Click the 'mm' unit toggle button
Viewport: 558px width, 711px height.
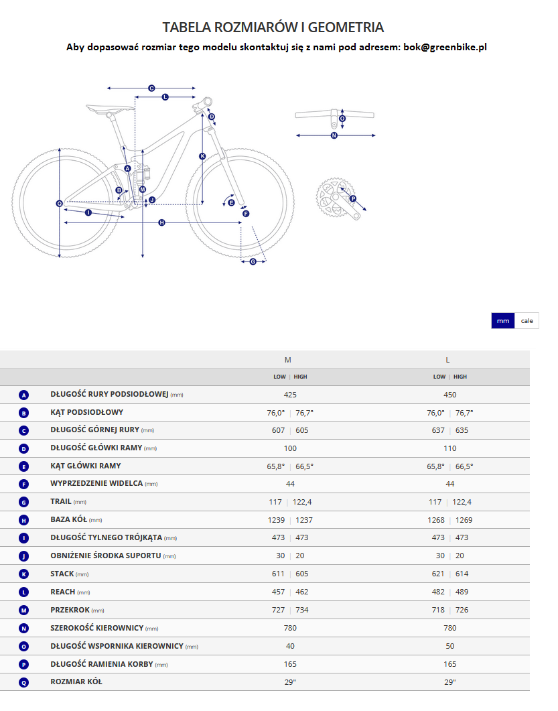(503, 321)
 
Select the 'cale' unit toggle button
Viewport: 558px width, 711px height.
(527, 321)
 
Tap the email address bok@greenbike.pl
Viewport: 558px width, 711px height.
(444, 47)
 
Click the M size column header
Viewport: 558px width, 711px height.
(288, 359)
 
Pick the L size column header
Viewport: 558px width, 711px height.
(447, 359)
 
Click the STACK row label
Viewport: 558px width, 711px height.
(62, 574)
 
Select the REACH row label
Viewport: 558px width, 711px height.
(62, 592)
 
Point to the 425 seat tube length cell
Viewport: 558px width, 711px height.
(290, 395)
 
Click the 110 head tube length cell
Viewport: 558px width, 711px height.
(449, 448)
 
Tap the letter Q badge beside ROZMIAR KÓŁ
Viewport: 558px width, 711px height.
(23, 682)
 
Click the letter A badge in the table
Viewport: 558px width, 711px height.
(23, 395)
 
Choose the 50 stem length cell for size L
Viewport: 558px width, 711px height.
(449, 646)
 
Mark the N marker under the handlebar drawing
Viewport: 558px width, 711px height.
(334, 135)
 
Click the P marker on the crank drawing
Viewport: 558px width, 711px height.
(353, 198)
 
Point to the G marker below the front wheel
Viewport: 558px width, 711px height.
(253, 261)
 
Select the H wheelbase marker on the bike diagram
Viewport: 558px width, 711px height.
(161, 222)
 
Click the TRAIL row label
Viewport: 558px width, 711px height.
(61, 501)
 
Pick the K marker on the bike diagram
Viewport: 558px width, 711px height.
(202, 156)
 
